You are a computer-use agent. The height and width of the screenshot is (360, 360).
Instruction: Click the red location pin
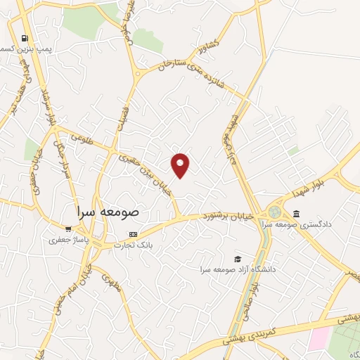click(181, 165)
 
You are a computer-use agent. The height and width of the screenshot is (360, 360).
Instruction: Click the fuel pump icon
click(25, 38)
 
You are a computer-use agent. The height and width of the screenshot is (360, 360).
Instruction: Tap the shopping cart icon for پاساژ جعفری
click(67, 228)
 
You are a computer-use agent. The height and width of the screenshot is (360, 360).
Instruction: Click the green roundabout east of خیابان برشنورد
click(275, 212)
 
